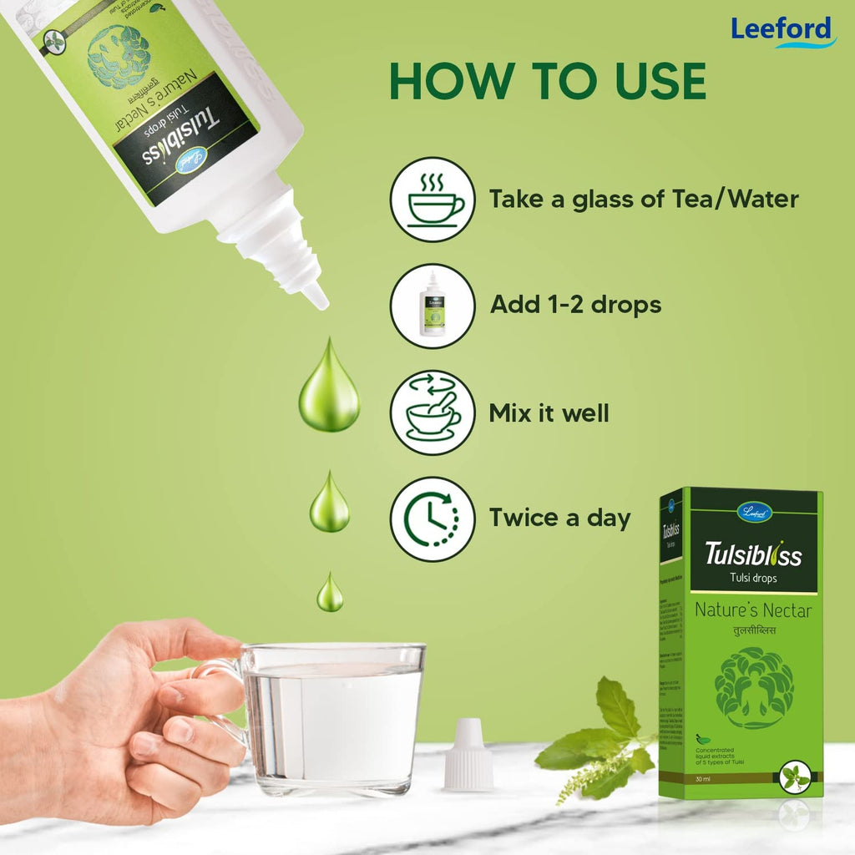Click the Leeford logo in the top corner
click(782, 30)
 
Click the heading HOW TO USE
click(547, 82)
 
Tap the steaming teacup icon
click(433, 200)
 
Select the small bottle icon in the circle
click(433, 306)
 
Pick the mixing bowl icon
click(433, 412)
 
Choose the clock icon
click(433, 519)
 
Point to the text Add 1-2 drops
click(575, 305)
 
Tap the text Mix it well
click(549, 412)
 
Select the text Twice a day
click(559, 518)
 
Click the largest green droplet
click(329, 388)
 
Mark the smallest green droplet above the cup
click(330, 594)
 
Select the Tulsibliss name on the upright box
click(753, 554)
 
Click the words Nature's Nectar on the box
click(753, 610)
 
